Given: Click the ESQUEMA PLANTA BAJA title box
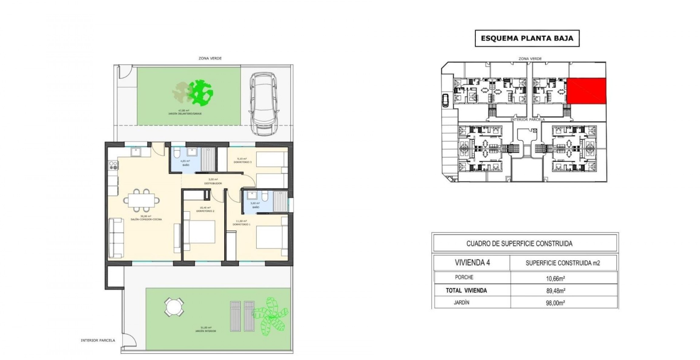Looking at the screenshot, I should click(x=527, y=38).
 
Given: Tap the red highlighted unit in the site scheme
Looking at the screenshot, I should click(x=586, y=91).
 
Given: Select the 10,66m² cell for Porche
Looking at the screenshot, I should click(x=555, y=278).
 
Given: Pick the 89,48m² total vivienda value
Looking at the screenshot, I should click(x=555, y=290).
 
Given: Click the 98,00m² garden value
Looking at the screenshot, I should click(x=555, y=303).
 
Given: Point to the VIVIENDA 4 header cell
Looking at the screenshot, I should click(x=472, y=262).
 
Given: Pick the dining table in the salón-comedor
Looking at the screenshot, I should click(x=141, y=200).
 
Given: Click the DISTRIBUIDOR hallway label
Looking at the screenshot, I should click(x=213, y=183).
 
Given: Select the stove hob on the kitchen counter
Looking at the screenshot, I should click(x=114, y=165).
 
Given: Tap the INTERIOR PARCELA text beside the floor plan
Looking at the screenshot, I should click(x=98, y=341).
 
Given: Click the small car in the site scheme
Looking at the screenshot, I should click(x=445, y=100).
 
